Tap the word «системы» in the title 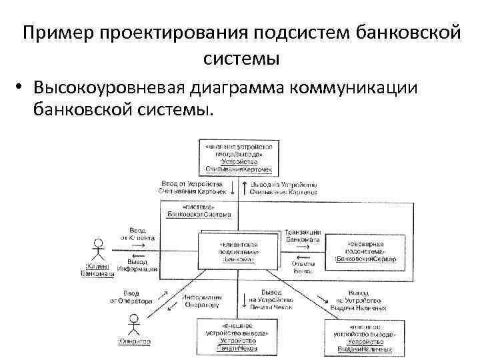(241, 58)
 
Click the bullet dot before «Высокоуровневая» (22, 87)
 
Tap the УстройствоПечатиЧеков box (233, 336)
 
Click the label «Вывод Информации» (137, 265)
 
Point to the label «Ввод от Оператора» (131, 297)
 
